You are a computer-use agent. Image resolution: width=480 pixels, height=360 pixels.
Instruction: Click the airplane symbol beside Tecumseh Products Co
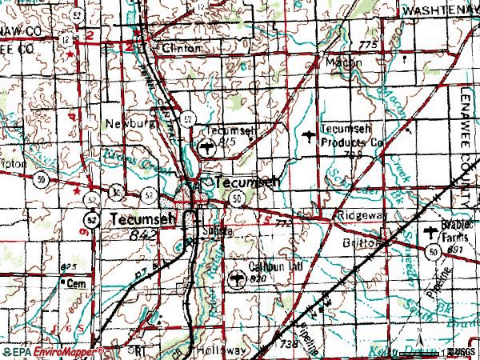[x=310, y=138]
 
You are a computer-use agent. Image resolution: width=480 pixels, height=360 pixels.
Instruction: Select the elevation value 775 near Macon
[x=366, y=44]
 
